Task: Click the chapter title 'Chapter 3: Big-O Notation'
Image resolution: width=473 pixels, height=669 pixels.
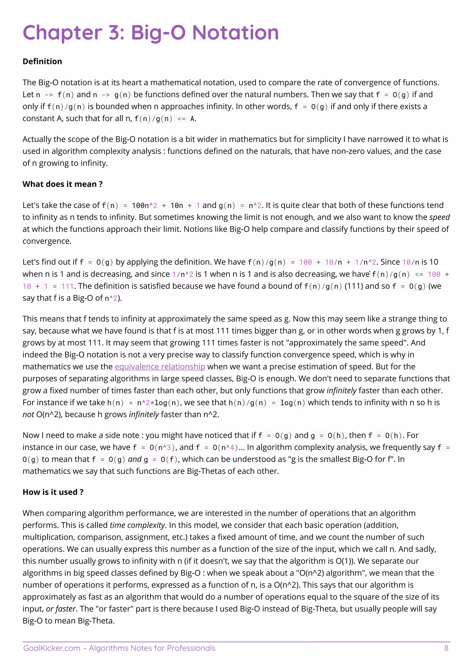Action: pyautogui.click(x=151, y=32)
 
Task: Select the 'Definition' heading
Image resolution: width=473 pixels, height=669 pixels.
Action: pyautogui.click(x=42, y=61)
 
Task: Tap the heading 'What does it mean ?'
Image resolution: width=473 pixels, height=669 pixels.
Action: pyautogui.click(x=63, y=184)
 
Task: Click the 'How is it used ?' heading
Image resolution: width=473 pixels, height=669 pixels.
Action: pyautogui.click(x=53, y=492)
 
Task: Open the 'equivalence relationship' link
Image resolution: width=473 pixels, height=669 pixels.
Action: pyautogui.click(x=160, y=367)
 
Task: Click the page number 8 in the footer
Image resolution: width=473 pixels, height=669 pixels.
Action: pyautogui.click(x=446, y=648)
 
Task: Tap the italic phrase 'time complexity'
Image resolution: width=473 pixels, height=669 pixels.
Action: pyautogui.click(x=137, y=525)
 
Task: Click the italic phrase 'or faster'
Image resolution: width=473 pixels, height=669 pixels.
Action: pyautogui.click(x=61, y=609)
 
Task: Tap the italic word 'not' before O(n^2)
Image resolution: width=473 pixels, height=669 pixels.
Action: pyautogui.click(x=28, y=415)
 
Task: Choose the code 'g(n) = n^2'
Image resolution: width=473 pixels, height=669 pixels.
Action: pyautogui.click(x=240, y=205)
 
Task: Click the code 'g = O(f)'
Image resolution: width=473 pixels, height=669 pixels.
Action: pyautogui.click(x=161, y=459)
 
